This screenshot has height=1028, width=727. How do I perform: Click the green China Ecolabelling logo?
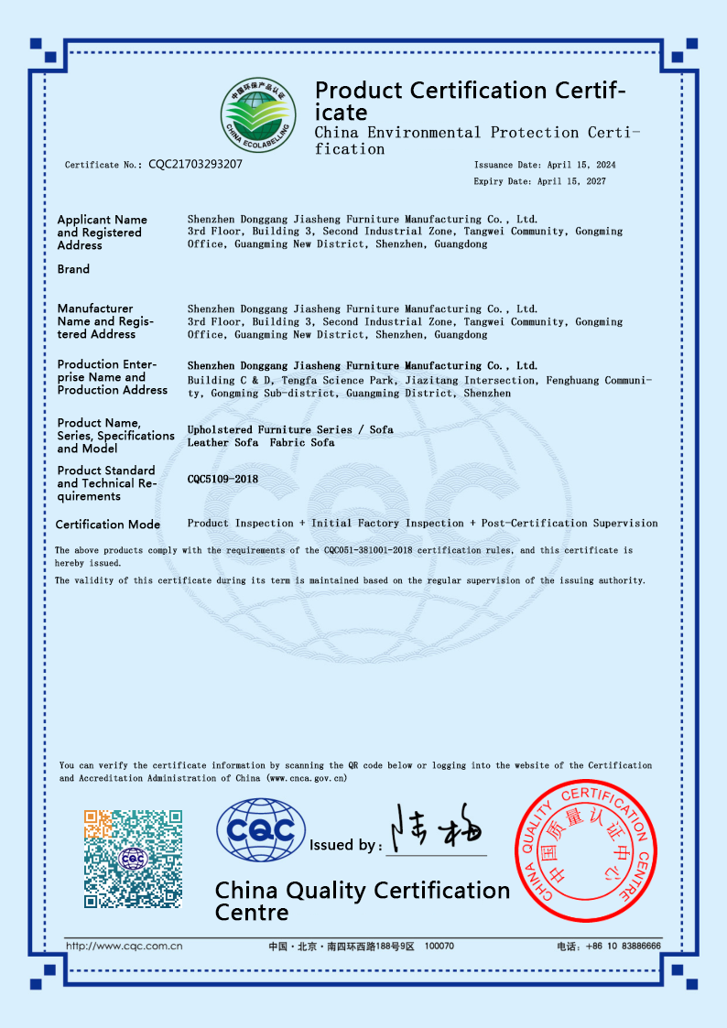[x=258, y=116]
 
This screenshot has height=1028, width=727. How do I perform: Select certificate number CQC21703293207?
[x=195, y=165]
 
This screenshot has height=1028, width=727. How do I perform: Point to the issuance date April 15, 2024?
[x=581, y=165]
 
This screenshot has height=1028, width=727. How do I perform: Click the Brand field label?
[x=73, y=269]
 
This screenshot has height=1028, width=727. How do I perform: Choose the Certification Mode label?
[x=108, y=525]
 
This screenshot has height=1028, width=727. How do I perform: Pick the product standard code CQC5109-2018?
[x=222, y=479]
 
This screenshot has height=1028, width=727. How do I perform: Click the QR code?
[x=133, y=858]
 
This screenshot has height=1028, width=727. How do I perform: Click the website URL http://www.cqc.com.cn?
[x=125, y=947]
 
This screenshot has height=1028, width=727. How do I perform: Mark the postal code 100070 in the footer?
[x=439, y=947]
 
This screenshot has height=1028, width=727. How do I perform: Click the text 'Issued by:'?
[x=346, y=845]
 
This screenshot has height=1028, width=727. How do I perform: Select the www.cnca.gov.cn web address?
[x=307, y=778]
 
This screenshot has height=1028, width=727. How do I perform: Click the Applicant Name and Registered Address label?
[x=101, y=233]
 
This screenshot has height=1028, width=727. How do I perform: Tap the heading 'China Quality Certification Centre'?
[x=362, y=901]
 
